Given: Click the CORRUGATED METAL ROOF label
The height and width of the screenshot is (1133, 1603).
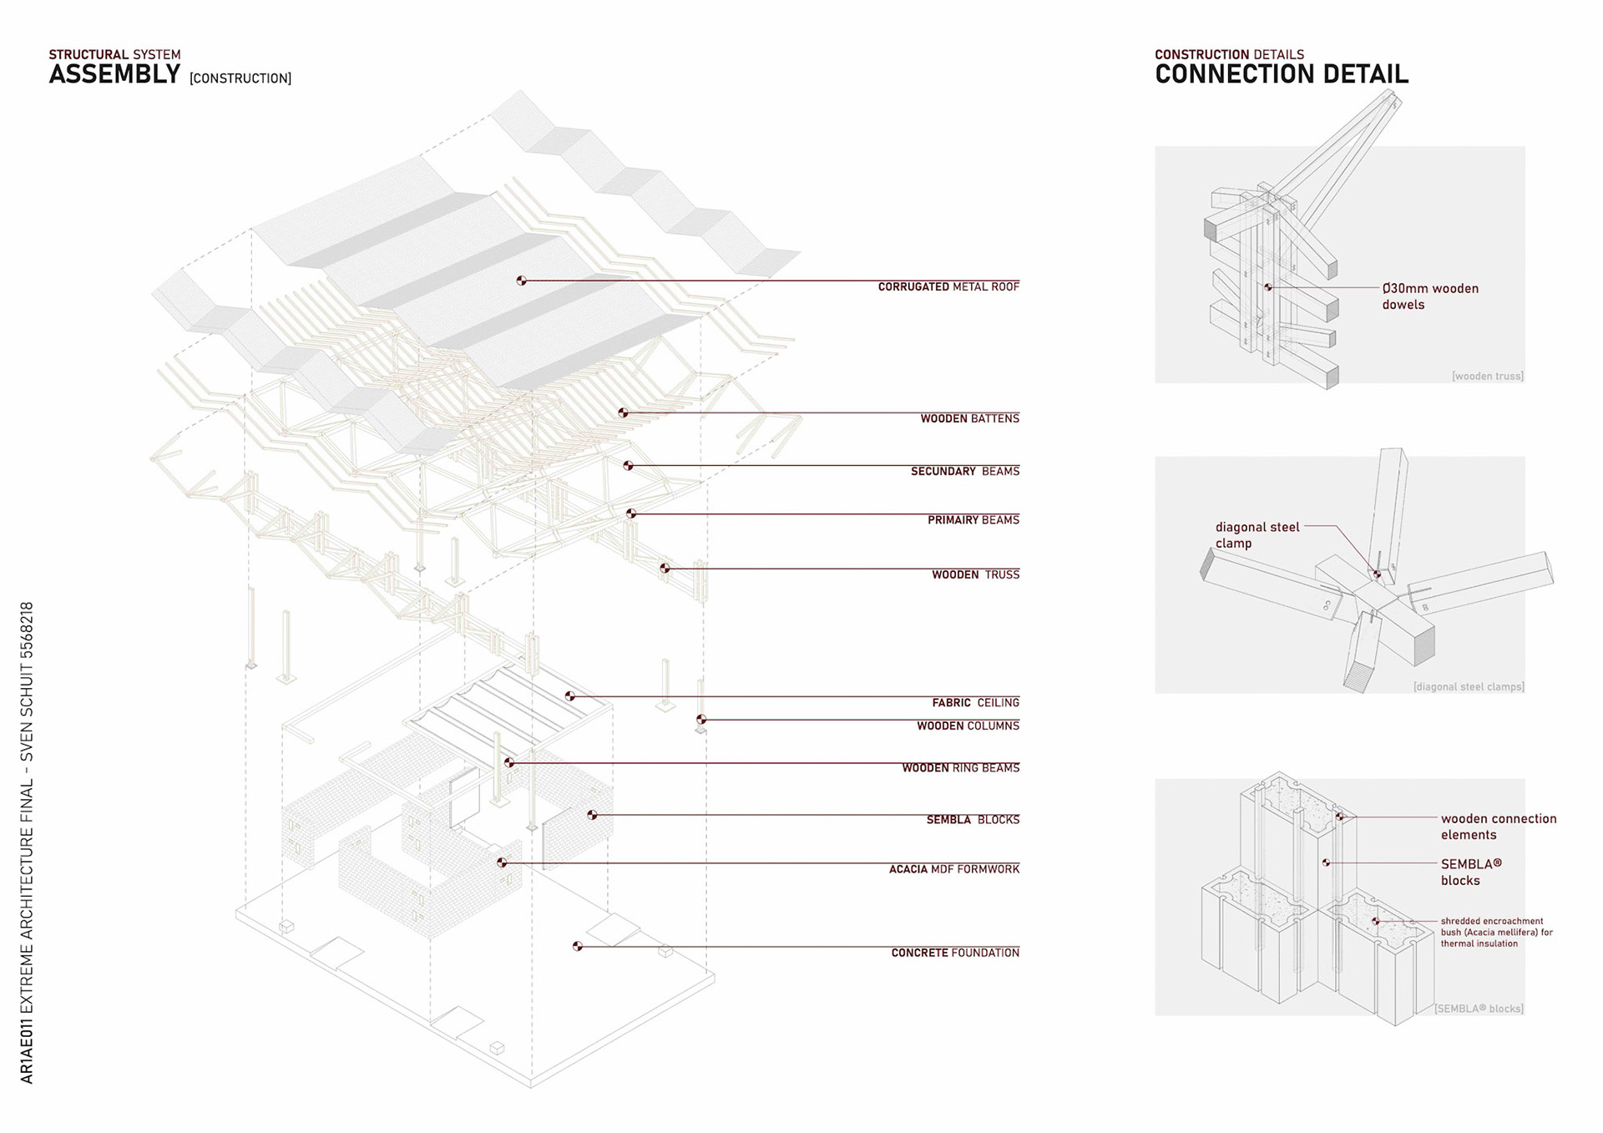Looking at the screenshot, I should point(948,287).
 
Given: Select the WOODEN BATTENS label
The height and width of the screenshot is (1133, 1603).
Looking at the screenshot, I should point(969,419).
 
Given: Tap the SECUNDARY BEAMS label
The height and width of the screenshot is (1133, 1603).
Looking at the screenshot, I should point(964,472).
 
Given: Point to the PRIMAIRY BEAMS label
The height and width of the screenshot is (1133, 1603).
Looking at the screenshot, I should point(973,520).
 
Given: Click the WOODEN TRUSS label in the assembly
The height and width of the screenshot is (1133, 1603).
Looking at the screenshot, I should point(975,575).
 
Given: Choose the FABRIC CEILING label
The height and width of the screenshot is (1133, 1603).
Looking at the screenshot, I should point(975,703).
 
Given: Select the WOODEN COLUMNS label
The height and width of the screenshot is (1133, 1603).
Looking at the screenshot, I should point(968,726).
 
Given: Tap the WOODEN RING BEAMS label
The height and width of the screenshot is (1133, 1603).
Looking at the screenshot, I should point(960,768).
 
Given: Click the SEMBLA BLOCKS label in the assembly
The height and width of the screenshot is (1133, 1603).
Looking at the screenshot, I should point(973,820).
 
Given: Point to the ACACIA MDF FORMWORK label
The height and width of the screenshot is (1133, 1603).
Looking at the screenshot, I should point(953,869).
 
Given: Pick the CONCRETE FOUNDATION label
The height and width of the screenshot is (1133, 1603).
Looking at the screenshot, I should point(955,953).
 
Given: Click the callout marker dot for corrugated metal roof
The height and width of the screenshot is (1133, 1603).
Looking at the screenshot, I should point(521,281).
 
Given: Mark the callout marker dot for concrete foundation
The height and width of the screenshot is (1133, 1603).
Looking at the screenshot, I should point(577,946).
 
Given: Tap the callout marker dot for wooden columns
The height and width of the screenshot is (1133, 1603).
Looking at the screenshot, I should point(701,720).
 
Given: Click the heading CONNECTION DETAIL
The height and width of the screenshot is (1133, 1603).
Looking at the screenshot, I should point(1281,74).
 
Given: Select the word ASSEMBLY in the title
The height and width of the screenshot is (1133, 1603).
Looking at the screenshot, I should point(114,74).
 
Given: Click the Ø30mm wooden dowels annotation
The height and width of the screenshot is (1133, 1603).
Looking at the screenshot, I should point(1429,296).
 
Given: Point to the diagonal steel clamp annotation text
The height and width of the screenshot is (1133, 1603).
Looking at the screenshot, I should point(1257,535).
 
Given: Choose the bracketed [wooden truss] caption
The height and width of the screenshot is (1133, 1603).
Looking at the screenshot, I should point(1487,377).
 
